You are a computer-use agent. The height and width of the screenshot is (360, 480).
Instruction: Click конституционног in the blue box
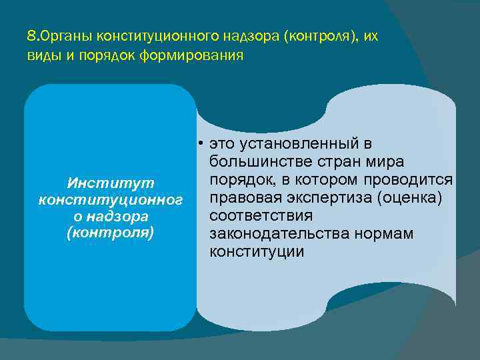tap(111, 199)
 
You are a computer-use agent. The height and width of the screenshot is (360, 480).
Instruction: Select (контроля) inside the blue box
tap(111, 233)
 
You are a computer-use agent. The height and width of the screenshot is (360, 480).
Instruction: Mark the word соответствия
tap(261, 216)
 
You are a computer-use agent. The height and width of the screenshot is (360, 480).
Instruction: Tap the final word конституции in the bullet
tap(257, 252)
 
